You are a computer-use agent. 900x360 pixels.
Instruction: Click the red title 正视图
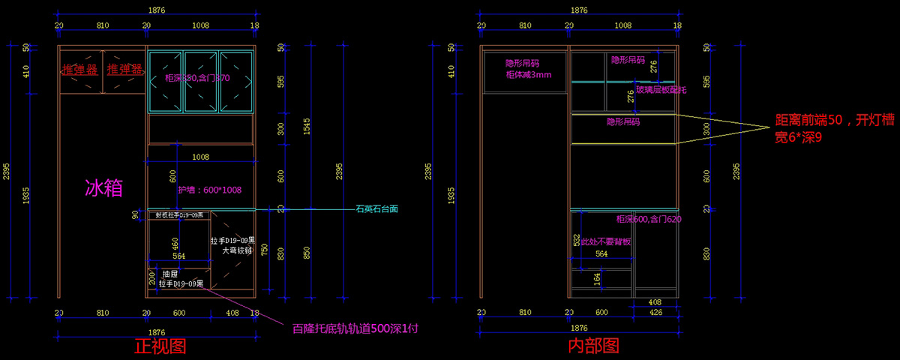pyautogui.click(x=160, y=346)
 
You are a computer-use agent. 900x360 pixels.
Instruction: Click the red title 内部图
pyautogui.click(x=592, y=346)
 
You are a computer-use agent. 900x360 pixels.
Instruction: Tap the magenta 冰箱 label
pyautogui.click(x=103, y=187)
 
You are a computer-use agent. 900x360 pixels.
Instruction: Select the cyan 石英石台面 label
pyautogui.click(x=376, y=209)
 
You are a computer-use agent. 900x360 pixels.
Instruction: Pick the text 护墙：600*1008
pyautogui.click(x=210, y=190)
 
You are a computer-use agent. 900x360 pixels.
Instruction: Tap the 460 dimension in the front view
pyautogui.click(x=175, y=244)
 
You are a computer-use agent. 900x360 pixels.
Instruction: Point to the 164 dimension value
pyautogui.click(x=597, y=278)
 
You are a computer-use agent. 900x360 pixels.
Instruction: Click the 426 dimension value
pyautogui.click(x=655, y=312)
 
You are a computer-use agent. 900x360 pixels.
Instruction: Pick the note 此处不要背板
pyautogui.click(x=606, y=242)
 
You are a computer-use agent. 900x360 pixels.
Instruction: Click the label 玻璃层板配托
pyautogui.click(x=661, y=90)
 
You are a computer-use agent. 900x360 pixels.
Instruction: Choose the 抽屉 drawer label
pyautogui.click(x=169, y=274)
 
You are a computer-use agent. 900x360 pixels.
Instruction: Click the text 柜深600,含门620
pyautogui.click(x=649, y=219)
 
